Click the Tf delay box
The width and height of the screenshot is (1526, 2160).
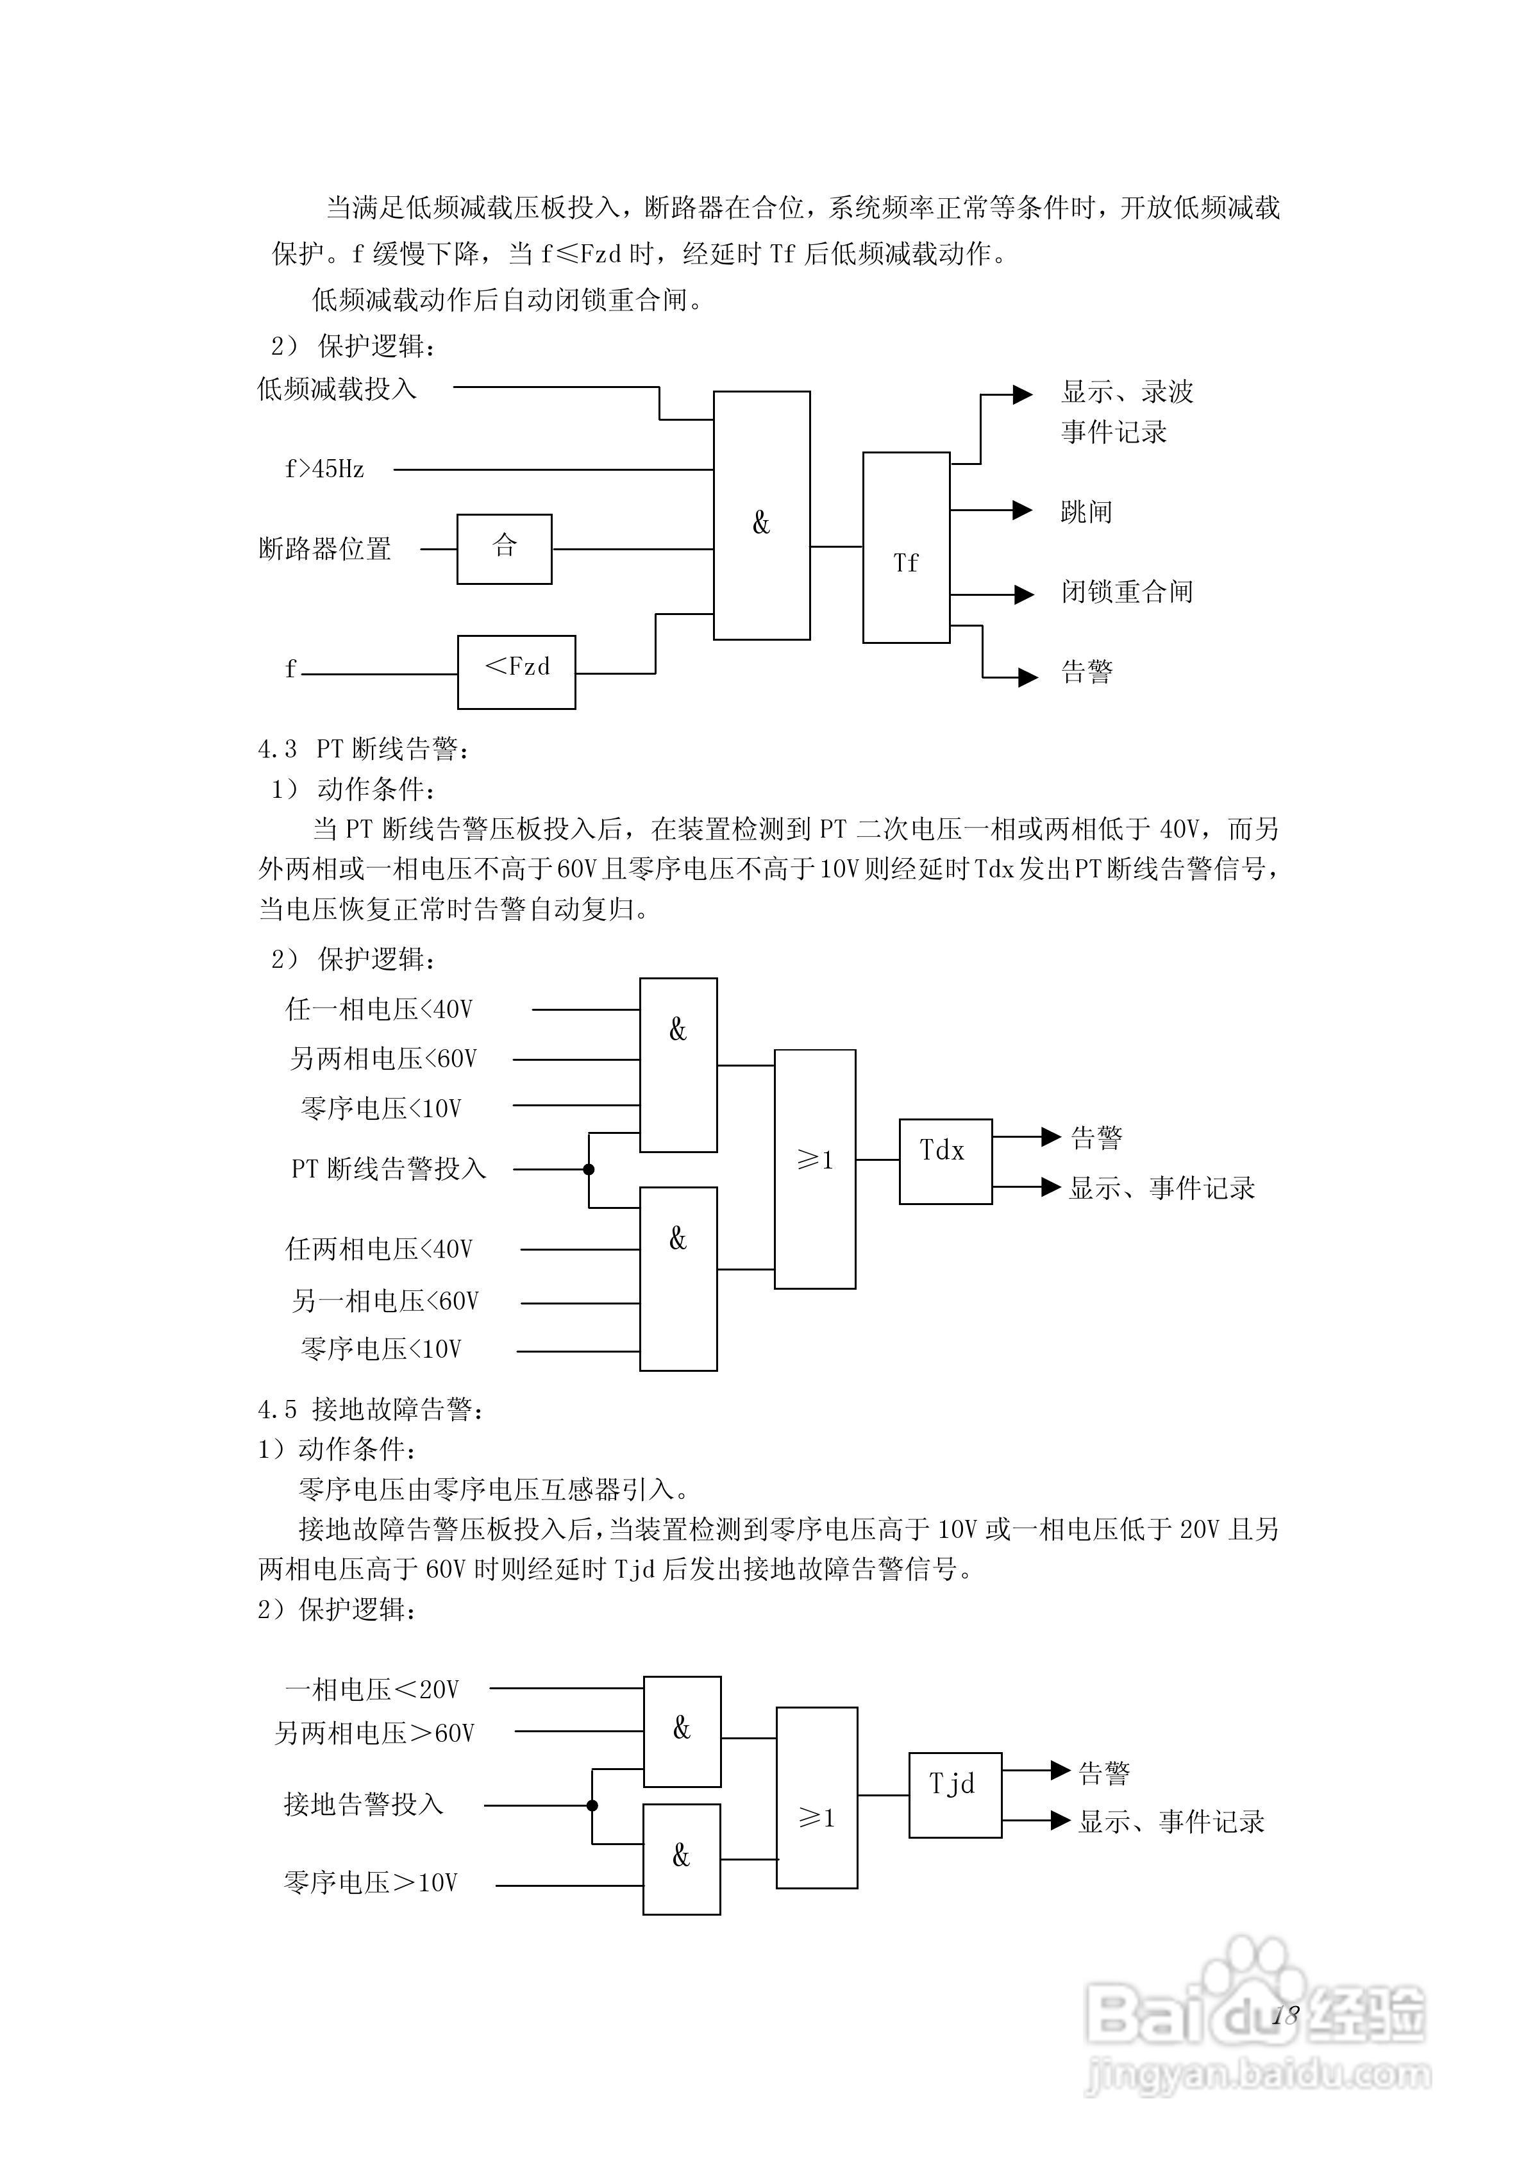click(x=905, y=548)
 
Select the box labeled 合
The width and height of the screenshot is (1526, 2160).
click(x=504, y=548)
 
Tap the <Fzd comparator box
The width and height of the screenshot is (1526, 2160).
click(x=517, y=671)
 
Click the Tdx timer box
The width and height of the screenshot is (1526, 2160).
click(x=944, y=1161)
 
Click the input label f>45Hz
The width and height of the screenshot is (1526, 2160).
click(x=324, y=469)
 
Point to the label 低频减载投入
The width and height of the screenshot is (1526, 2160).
click(x=337, y=389)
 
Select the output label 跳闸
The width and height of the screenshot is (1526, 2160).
click(x=1086, y=512)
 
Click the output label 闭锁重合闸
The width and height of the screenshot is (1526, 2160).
click(x=1126, y=592)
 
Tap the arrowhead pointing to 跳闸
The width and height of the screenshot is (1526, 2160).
click(x=1023, y=510)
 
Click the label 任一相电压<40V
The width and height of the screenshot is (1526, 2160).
click(x=379, y=1009)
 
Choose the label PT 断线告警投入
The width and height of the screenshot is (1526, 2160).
click(x=389, y=1169)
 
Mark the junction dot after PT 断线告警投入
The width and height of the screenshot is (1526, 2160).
click(x=589, y=1169)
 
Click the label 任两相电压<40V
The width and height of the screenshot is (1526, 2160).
click(x=379, y=1249)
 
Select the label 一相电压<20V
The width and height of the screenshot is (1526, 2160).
click(x=372, y=1690)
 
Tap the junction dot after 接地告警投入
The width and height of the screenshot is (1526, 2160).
click(x=592, y=1805)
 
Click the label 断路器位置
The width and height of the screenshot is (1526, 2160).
click(x=324, y=548)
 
